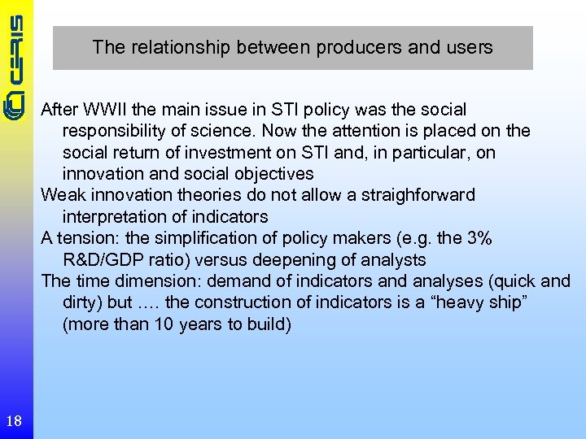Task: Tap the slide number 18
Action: [14, 420]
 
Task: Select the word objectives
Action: [274, 174]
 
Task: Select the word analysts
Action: [389, 259]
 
